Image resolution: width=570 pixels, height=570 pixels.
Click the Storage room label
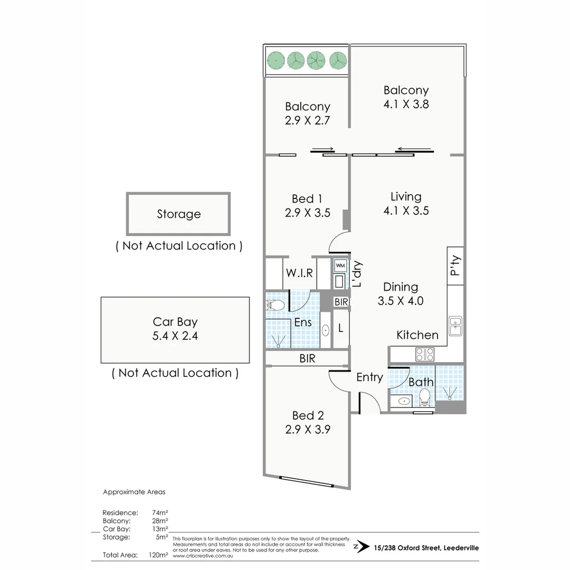pos(178,214)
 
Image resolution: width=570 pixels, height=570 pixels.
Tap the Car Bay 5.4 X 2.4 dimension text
pos(175,336)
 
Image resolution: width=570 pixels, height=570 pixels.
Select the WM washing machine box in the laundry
pos(340,265)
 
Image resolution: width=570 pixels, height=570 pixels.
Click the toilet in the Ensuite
pos(275,305)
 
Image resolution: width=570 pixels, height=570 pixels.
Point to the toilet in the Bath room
pos(425,395)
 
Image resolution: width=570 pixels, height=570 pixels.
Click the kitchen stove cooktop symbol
pos(425,353)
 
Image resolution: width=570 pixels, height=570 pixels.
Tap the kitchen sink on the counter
pos(455,326)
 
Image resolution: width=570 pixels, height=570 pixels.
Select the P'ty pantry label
pos(455,266)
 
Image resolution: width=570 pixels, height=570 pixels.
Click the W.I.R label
pos(300,273)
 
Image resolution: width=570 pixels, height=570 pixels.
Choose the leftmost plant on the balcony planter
pos(275,60)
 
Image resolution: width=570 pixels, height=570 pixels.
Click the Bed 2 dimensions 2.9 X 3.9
pos(308,429)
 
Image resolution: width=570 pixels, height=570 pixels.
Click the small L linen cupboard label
pos(340,328)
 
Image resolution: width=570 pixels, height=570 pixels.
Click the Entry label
pos(369,377)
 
